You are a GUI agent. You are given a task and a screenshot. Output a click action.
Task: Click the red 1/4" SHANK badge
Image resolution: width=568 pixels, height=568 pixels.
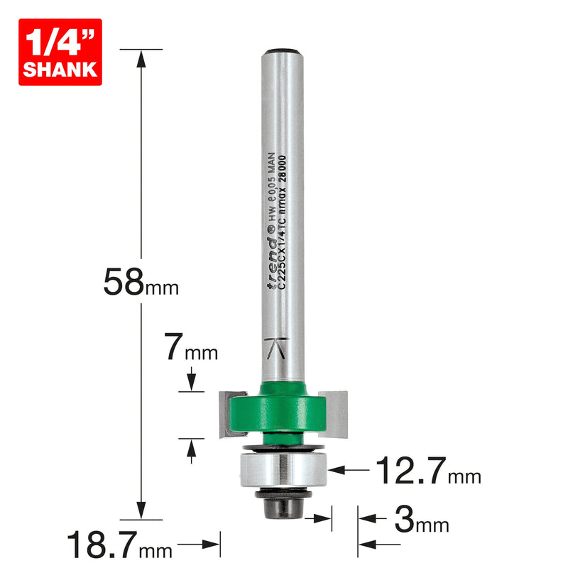60,52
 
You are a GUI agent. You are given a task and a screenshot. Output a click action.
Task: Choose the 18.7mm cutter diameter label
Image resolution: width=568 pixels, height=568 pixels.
119,547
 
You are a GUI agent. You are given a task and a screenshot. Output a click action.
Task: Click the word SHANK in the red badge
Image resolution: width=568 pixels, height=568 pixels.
60,69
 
